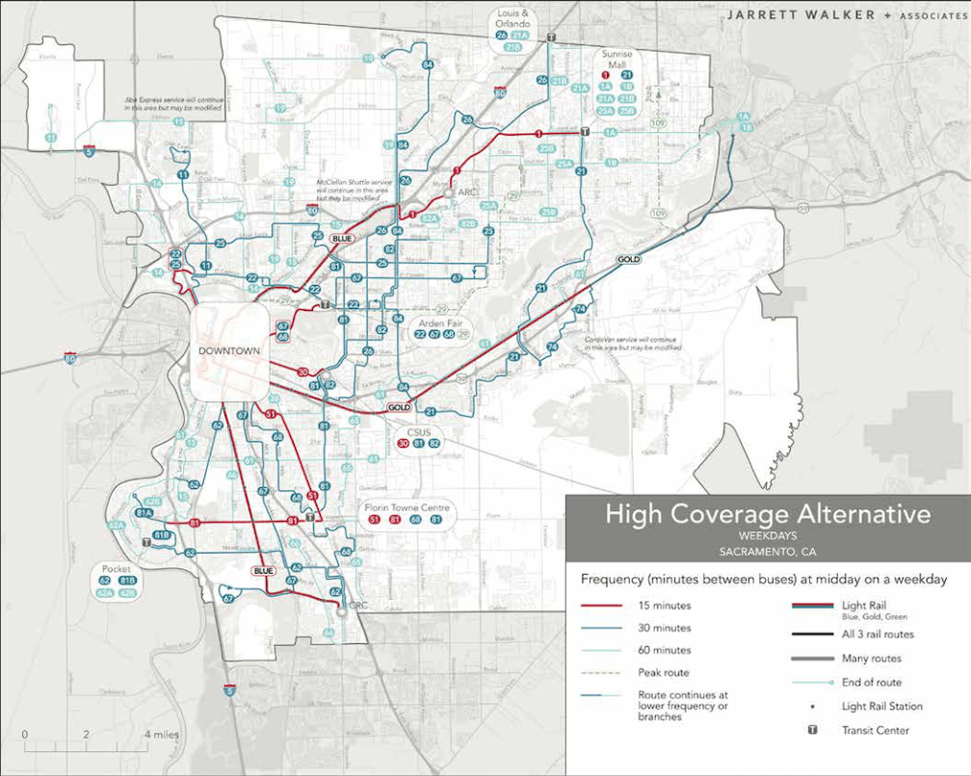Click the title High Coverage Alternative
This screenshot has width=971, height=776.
coord(767,514)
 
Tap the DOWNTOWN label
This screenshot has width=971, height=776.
coord(229,351)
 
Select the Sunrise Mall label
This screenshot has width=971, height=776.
coord(617,60)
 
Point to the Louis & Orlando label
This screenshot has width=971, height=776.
coord(512,19)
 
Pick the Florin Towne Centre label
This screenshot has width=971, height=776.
coord(406,507)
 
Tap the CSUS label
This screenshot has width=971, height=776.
coord(419,431)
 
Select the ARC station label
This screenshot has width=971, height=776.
coord(468,193)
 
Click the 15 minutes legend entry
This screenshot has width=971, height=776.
coord(665,606)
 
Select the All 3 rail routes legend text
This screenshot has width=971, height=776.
coord(878,634)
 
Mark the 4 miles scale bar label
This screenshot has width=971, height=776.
coord(160,735)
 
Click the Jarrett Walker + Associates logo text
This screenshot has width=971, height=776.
coord(829,15)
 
